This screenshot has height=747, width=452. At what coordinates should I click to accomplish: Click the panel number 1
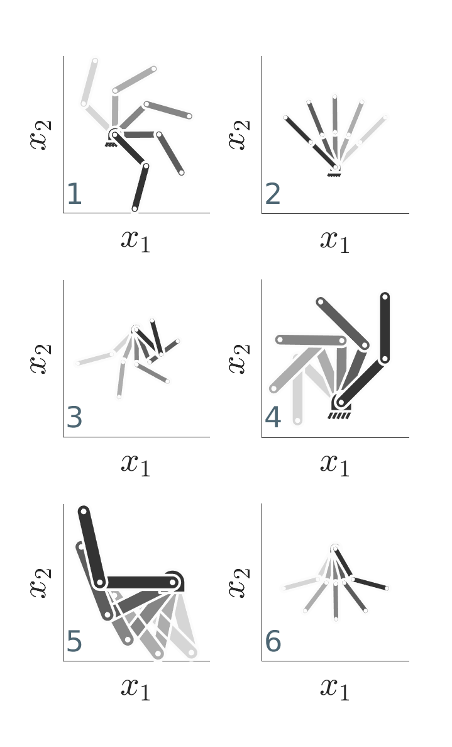coord(75,194)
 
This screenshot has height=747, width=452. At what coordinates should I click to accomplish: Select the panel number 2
coord(273,194)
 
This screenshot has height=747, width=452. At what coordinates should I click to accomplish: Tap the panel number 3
coord(75,418)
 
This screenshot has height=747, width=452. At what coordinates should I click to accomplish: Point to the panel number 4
coord(273,418)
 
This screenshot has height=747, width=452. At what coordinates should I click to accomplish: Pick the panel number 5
coord(75,642)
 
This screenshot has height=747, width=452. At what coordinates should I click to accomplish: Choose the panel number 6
coord(273,642)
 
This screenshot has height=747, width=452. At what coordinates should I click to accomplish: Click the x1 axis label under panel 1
coord(136,240)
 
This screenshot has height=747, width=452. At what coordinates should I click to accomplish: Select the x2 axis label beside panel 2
coord(238,135)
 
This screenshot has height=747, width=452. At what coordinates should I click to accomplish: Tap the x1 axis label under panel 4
coord(335,464)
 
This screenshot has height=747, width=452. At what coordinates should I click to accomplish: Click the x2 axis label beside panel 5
coord(40,582)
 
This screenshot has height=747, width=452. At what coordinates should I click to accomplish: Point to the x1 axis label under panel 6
coord(335,688)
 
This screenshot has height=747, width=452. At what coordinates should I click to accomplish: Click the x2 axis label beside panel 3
coord(40,358)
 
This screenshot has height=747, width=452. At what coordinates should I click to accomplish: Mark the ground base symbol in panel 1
coord(111,143)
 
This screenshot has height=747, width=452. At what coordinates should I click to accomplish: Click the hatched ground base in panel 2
coord(334,174)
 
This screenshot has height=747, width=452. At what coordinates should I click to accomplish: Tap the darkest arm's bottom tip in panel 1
coord(135,209)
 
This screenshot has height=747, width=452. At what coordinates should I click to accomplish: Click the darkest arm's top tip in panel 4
coord(385,297)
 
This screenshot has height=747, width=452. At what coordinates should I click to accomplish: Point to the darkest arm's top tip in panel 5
coord(84,511)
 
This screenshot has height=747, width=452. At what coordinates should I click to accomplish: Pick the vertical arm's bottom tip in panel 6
coord(336,619)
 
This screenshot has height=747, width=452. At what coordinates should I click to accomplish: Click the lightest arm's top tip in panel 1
coord(95,61)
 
